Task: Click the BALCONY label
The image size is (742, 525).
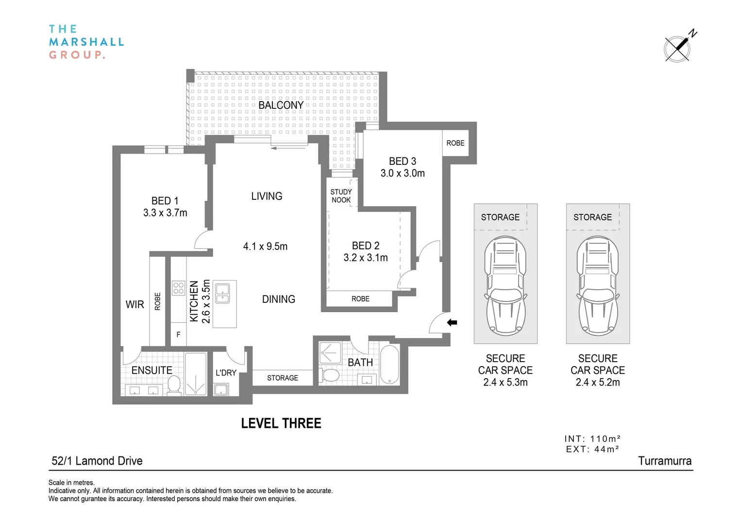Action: [281, 105]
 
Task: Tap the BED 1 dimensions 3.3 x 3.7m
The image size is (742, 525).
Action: [165, 213]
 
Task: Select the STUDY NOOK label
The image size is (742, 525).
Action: [341, 196]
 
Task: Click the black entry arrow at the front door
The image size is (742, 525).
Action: [452, 322]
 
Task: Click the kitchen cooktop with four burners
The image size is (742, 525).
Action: [178, 288]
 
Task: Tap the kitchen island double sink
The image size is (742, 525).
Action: [222, 293]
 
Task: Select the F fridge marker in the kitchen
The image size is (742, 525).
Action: [178, 334]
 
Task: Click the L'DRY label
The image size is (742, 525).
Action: [226, 373]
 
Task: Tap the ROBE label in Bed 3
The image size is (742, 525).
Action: [455, 143]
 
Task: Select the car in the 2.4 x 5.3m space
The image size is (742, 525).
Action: [505, 286]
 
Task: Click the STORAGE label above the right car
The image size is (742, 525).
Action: [592, 217]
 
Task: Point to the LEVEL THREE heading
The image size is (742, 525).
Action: [281, 423]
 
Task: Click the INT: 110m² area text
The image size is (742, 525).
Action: [592, 439]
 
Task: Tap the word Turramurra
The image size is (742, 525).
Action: [665, 461]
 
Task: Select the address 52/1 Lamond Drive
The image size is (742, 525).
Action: [97, 461]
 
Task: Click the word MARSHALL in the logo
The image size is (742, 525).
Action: [86, 42]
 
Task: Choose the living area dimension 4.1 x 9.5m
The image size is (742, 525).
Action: [265, 246]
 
